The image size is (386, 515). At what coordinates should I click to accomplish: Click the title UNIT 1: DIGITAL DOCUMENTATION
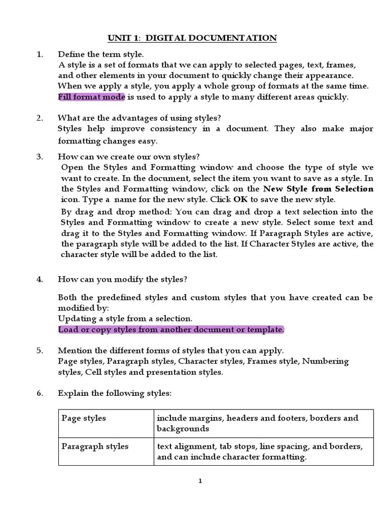coord(192,38)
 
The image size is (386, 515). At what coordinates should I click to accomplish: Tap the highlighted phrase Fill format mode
coord(91,97)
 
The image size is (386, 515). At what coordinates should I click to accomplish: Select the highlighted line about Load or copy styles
coord(171,329)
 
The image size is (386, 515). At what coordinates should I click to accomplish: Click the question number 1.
coord(40,54)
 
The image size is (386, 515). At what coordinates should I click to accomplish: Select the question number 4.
coord(40,279)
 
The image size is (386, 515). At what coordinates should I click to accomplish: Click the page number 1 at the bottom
coord(200,481)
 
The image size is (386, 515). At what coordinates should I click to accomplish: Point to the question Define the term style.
coord(101,54)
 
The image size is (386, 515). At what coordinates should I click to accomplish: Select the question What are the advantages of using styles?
coord(139,118)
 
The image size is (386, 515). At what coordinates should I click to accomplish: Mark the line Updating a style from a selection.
coord(125,318)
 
